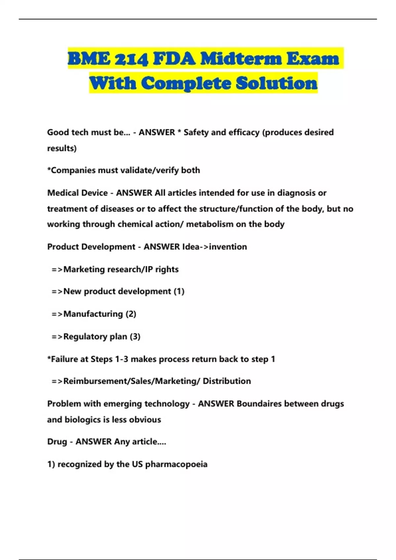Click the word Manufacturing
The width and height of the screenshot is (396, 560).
(93, 314)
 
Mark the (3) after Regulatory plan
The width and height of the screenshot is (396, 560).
(135, 337)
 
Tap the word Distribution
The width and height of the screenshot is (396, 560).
(227, 381)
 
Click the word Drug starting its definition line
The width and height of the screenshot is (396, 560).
(57, 442)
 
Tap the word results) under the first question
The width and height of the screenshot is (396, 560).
(62, 149)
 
